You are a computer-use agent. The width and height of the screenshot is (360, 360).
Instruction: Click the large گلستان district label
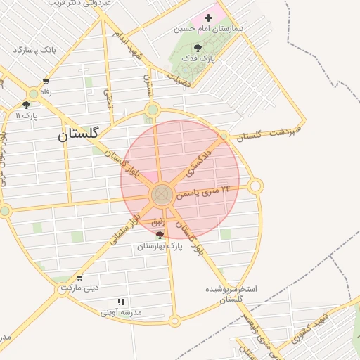[x=79, y=134]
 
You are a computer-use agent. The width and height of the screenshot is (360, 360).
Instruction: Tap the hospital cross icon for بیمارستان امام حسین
[x=207, y=17]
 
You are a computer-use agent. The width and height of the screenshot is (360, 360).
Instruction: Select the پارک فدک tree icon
[x=197, y=48]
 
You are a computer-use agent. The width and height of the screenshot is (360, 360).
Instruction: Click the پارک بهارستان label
[x=159, y=246]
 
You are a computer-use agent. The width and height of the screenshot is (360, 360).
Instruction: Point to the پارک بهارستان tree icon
[x=160, y=236]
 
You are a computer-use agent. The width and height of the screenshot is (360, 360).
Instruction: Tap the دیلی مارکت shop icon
[x=79, y=278]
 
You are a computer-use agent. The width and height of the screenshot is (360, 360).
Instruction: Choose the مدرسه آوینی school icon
[x=121, y=302]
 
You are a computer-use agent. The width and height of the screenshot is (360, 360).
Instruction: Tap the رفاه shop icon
[x=46, y=82]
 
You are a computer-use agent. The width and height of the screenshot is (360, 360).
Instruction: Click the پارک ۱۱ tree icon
[x=26, y=105]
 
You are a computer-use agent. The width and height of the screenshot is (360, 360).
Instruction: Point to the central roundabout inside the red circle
[x=162, y=194]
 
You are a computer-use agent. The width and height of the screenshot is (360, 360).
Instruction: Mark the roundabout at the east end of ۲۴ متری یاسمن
[x=255, y=186]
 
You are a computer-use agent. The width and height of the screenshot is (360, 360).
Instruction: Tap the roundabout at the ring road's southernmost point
[x=175, y=321]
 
